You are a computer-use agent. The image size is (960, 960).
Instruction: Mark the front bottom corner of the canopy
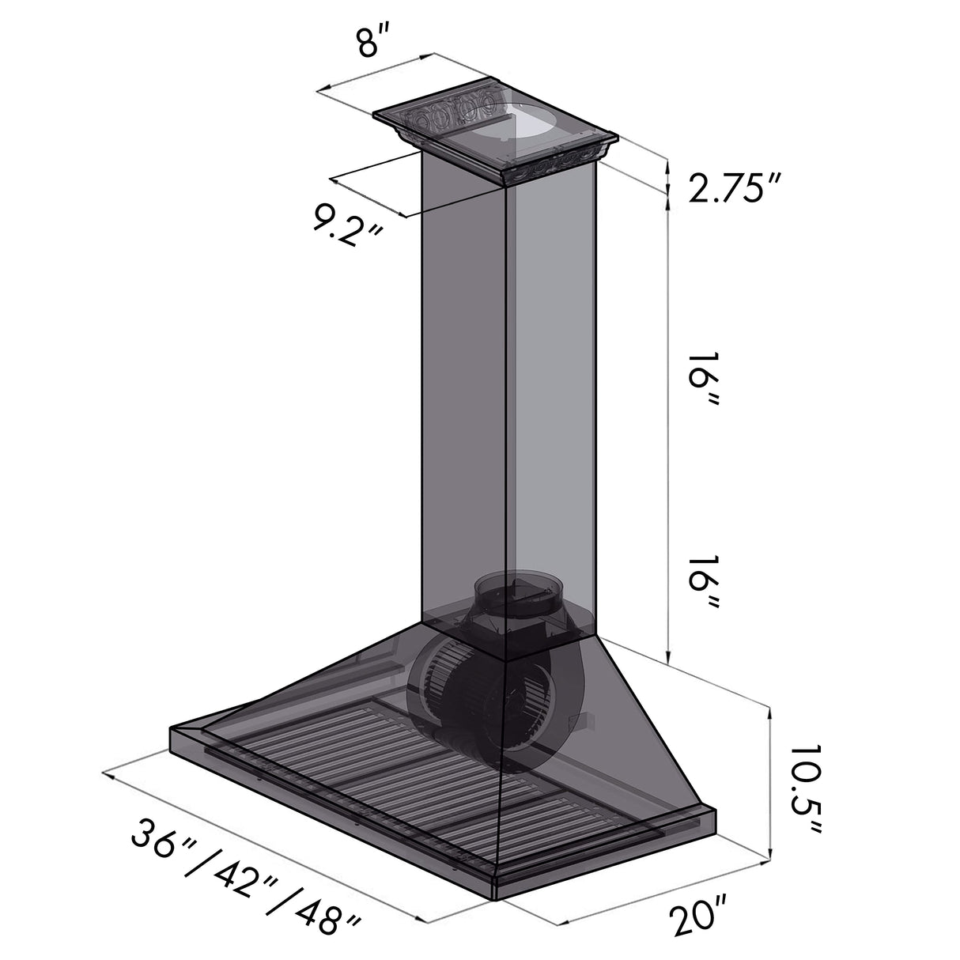point(497,899)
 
